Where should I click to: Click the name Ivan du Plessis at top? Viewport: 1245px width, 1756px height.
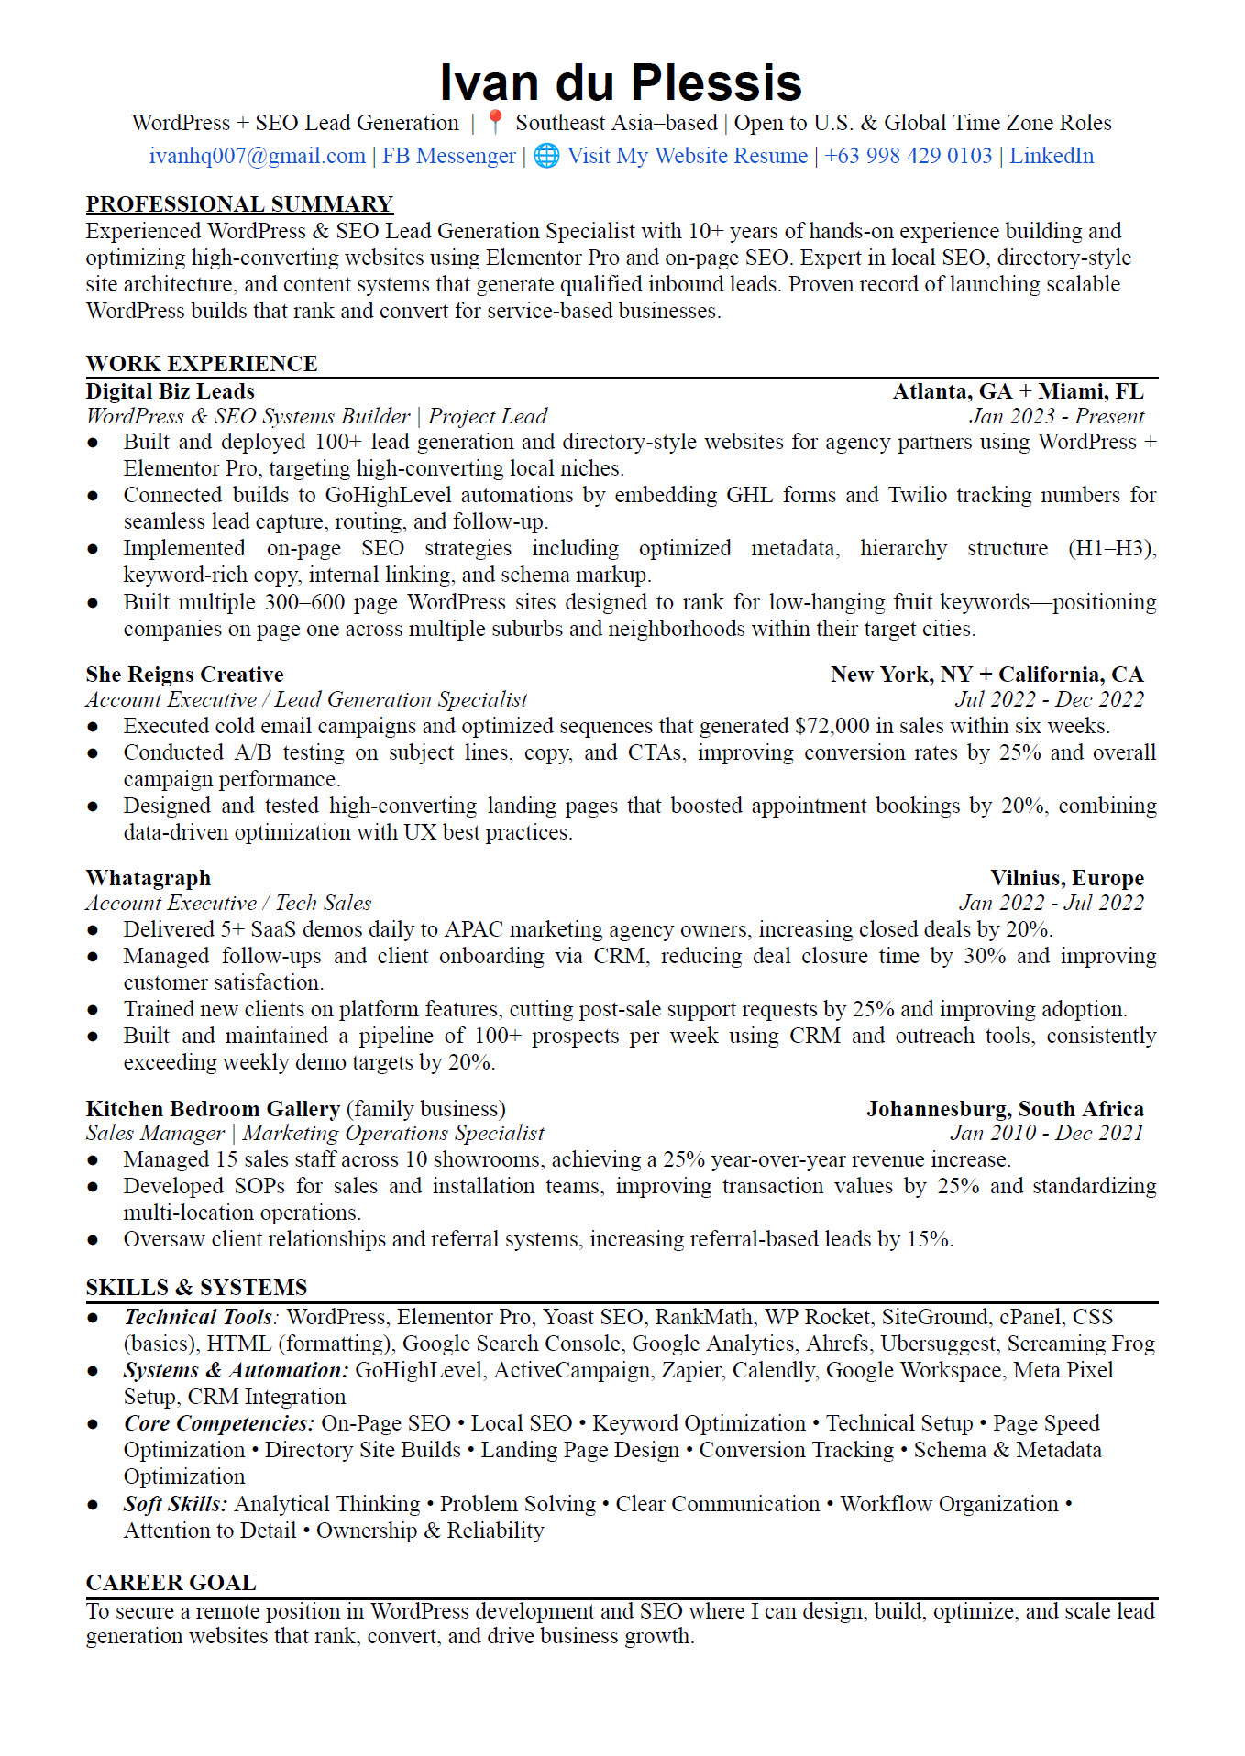621,82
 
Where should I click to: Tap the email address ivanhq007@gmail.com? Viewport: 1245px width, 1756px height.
257,156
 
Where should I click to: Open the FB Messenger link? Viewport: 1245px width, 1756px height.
448,156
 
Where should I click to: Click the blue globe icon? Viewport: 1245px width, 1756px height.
546,156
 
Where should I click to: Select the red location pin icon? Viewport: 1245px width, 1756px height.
495,122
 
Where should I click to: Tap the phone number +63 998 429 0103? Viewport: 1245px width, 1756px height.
908,156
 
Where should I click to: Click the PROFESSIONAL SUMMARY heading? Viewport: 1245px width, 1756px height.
239,203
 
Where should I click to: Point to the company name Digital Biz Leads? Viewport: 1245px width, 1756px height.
170,391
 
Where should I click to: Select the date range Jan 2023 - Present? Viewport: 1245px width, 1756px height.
1056,416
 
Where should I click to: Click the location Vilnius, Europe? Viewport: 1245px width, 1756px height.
1066,878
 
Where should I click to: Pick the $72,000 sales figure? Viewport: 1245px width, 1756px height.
832,726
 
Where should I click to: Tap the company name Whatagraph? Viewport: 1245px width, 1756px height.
149,878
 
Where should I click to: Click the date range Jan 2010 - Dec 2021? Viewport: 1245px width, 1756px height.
1046,1133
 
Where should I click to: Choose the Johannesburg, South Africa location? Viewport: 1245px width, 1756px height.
1005,1109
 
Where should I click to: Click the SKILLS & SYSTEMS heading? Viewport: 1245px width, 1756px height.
196,1287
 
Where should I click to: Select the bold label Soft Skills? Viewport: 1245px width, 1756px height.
175,1504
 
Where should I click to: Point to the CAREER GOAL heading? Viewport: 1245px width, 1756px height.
171,1583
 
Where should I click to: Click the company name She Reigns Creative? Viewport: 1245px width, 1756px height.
184,675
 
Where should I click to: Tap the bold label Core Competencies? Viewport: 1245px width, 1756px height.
219,1423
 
